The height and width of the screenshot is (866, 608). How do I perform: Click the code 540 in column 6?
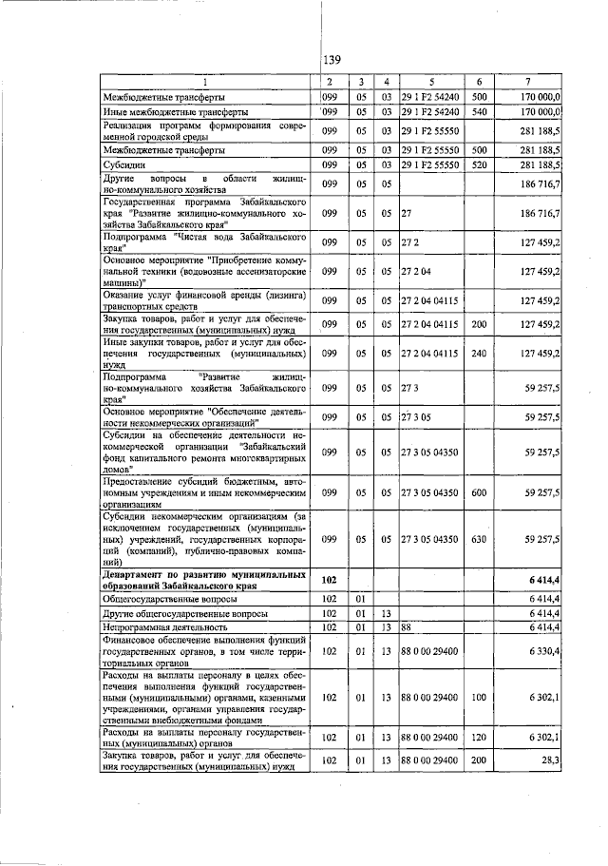tap(480, 110)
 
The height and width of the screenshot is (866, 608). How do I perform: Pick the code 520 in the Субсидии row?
tap(480, 164)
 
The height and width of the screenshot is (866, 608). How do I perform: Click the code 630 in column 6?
tap(480, 538)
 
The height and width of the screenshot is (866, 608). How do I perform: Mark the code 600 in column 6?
tap(480, 493)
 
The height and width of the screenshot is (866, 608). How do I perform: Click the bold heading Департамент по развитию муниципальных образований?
tap(204, 580)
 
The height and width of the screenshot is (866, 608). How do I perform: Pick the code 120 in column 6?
tap(480, 736)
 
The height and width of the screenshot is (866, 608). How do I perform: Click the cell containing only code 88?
tap(406, 627)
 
